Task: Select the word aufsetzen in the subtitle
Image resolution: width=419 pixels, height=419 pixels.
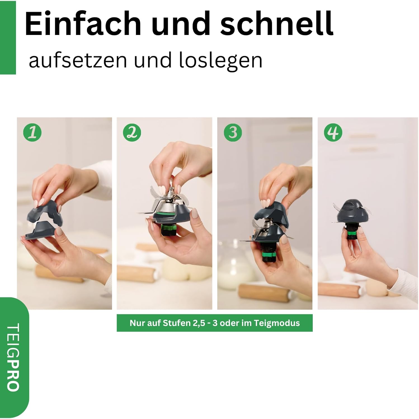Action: pos(78,60)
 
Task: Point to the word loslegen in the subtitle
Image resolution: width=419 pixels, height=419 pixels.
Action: pos(220,60)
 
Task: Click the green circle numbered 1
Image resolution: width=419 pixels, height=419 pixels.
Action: pos(32,132)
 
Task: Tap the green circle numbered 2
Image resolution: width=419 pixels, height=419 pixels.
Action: pos(132,132)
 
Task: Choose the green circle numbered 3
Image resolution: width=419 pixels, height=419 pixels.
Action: pos(233,132)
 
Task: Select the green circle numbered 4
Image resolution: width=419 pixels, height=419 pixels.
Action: pos(333,132)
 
